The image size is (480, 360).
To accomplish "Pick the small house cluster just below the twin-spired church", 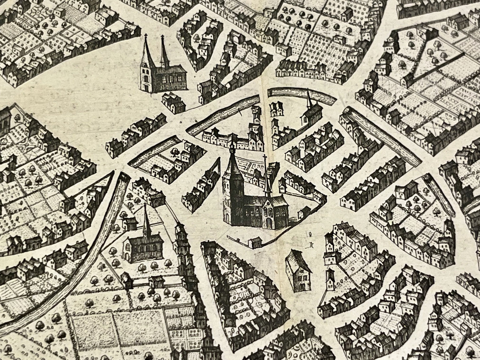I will (x=173, y=102).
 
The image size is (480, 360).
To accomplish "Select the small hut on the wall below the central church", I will (x=254, y=242).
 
